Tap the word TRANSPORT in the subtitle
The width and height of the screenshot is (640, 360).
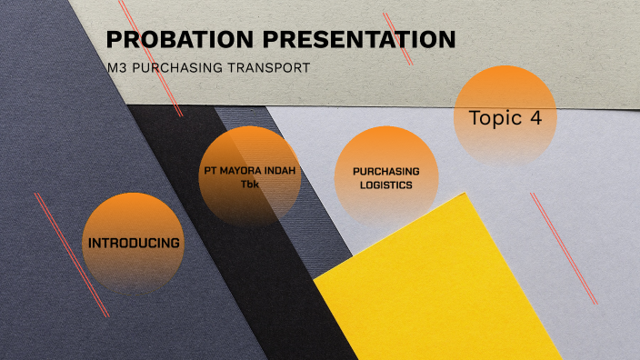[268, 67]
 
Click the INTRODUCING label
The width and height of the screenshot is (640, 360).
[133, 244]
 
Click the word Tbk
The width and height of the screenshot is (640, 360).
[250, 185]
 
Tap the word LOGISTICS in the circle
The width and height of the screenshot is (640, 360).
[385, 185]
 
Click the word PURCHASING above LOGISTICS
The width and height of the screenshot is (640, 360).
[386, 171]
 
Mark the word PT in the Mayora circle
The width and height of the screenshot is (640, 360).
[211, 171]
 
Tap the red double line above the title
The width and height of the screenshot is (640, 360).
[398, 38]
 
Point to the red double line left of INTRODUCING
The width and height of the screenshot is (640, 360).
[72, 255]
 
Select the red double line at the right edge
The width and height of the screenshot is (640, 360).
[564, 247]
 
